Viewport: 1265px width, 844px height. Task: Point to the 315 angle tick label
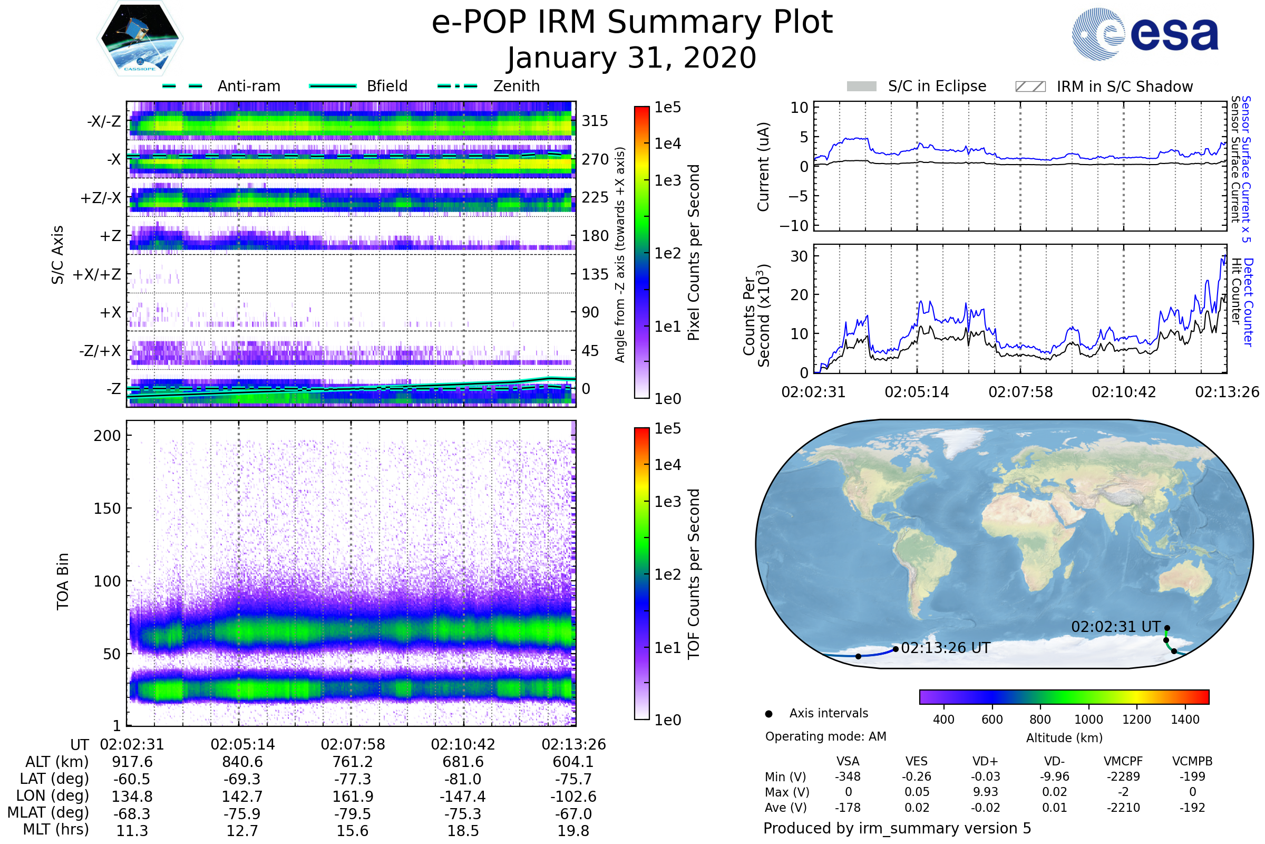coord(595,121)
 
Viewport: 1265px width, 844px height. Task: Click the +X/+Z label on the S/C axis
coord(97,274)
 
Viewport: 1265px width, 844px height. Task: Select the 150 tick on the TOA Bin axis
coord(107,509)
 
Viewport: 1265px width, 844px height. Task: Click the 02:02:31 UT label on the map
coord(1115,627)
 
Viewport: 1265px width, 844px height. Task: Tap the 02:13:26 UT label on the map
coord(945,648)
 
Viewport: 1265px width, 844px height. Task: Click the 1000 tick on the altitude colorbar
coord(1088,720)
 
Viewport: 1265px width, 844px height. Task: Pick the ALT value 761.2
coord(353,762)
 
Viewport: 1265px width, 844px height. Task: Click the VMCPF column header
coord(1123,762)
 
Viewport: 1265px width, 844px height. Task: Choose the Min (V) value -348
coord(848,776)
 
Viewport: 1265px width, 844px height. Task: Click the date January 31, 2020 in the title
coord(632,58)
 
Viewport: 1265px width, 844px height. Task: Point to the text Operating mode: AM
coord(825,736)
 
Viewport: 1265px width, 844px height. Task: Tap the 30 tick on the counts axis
coord(799,256)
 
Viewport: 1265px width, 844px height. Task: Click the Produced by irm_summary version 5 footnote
coord(897,828)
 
